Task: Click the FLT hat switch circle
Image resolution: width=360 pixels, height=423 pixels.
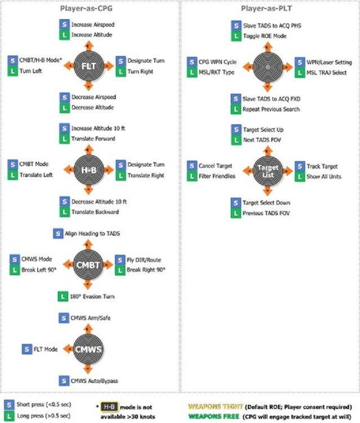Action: (x=88, y=65)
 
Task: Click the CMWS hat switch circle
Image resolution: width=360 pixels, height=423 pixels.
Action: (x=88, y=349)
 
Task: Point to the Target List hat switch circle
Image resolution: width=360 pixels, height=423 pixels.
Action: (x=268, y=169)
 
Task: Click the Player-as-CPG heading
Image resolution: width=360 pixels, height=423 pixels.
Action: (x=88, y=8)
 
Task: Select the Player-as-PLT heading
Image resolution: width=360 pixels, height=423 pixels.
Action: (x=268, y=8)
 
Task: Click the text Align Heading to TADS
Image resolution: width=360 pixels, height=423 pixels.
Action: (x=92, y=233)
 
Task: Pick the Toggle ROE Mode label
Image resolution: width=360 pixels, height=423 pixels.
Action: (x=264, y=36)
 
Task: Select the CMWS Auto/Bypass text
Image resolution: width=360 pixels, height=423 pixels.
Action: (x=94, y=380)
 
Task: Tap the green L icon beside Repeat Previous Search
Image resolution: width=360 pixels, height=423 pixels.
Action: (x=236, y=109)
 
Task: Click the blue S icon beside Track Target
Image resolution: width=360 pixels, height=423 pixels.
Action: (x=300, y=166)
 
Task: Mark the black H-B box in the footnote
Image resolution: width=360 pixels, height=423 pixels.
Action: (x=110, y=406)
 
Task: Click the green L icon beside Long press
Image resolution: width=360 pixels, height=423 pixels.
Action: (x=8, y=416)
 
